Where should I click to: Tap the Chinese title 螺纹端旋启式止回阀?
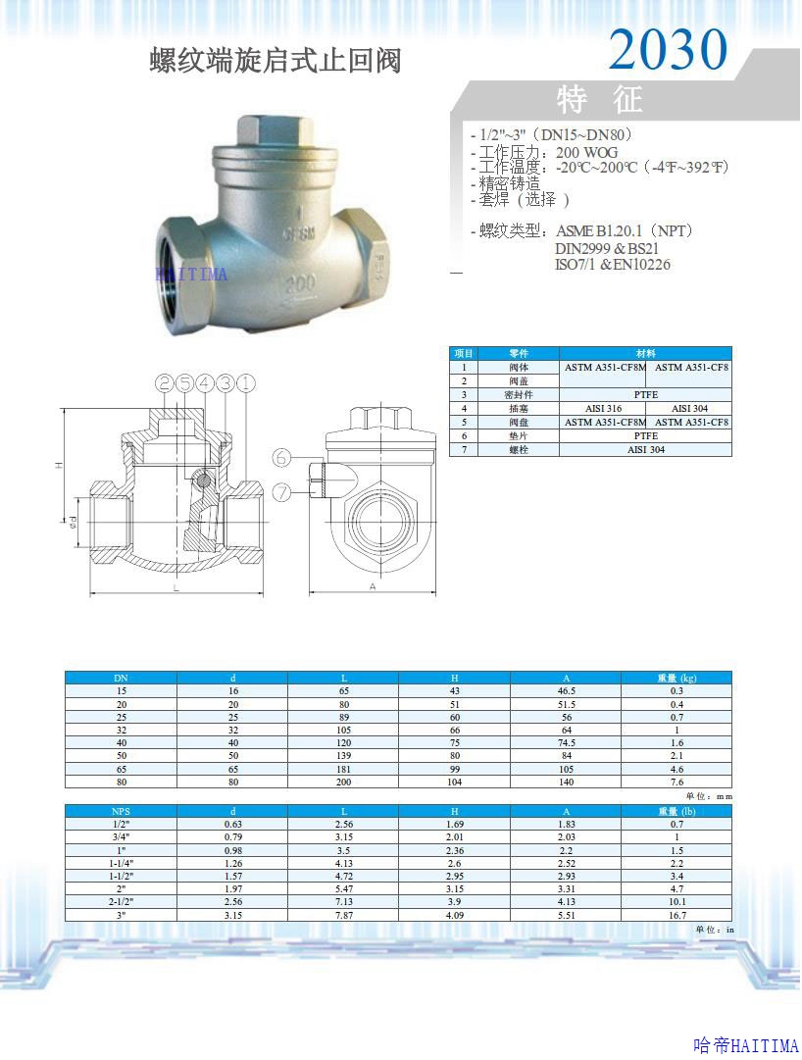tap(276, 61)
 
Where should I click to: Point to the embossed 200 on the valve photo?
tap(301, 286)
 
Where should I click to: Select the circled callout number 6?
tap(281, 458)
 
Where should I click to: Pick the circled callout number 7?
tap(281, 492)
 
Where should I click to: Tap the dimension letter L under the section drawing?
tap(175, 587)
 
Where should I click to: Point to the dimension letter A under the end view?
tap(374, 586)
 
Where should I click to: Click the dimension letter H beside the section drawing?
tap(60, 465)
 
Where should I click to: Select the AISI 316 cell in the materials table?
tap(603, 408)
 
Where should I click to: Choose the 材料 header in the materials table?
tap(645, 353)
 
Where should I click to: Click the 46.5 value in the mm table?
tap(566, 690)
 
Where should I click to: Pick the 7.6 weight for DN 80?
tap(677, 782)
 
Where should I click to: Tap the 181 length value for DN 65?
tap(343, 769)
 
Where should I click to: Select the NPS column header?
tap(121, 811)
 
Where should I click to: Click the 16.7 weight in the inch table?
tap(677, 914)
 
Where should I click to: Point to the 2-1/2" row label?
tap(121, 901)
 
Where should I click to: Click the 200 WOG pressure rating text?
tap(586, 153)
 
